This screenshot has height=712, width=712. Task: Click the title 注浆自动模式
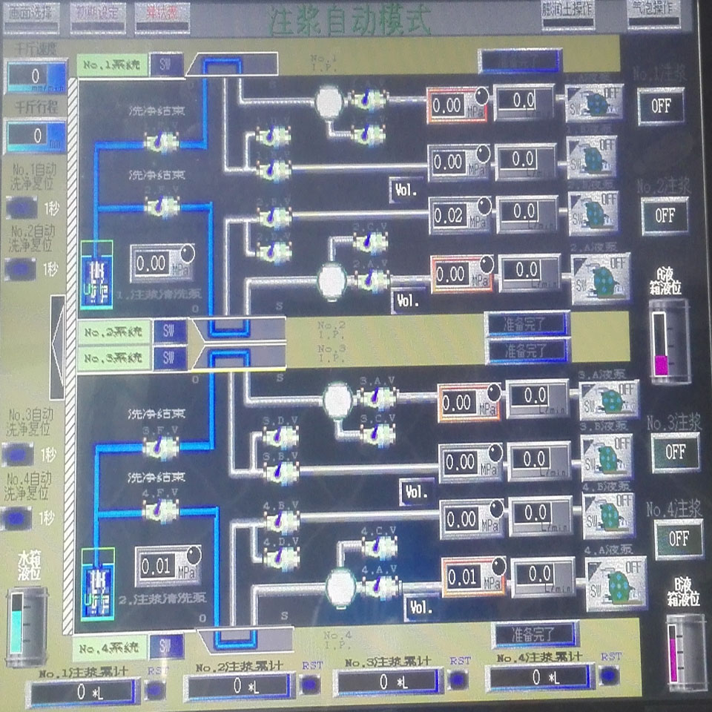(349, 20)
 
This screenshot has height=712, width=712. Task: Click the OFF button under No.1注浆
(661, 105)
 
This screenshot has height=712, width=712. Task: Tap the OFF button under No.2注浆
(665, 215)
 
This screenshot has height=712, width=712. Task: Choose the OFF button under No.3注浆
(675, 451)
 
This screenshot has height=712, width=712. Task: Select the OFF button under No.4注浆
(678, 539)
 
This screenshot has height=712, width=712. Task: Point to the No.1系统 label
(111, 65)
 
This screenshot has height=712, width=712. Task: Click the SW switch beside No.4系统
(167, 647)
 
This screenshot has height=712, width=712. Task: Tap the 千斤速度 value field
(36, 77)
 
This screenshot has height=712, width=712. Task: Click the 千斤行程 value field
(36, 136)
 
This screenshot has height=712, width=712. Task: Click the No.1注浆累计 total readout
(83, 692)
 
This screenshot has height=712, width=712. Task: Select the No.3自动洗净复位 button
(18, 453)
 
